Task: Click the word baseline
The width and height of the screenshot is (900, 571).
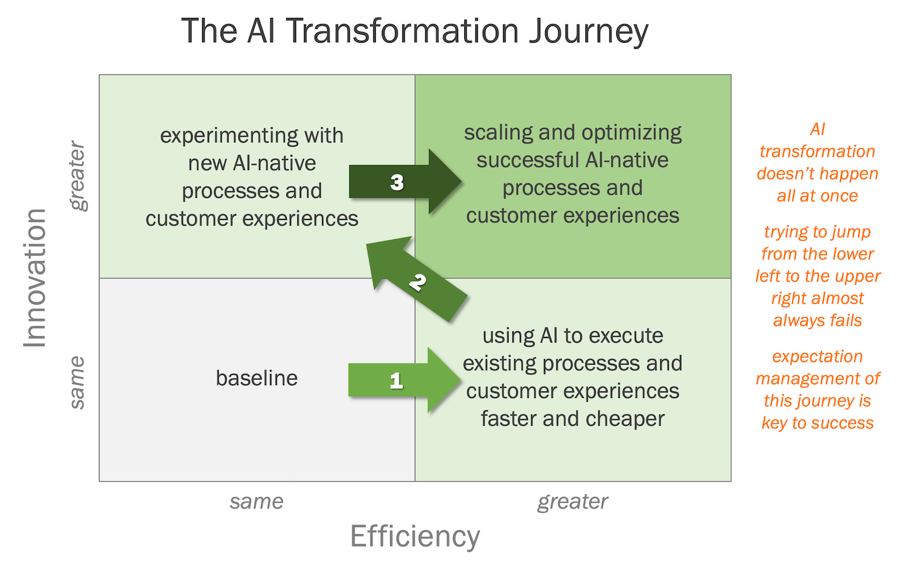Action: pos(257,378)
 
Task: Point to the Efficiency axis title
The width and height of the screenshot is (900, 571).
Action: pos(415,536)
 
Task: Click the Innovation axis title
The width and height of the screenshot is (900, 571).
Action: pos(35,277)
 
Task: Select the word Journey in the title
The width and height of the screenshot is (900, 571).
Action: pos(588,31)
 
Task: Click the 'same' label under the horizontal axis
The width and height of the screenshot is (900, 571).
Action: pos(257,501)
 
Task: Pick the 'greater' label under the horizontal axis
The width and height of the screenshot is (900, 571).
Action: pos(572,501)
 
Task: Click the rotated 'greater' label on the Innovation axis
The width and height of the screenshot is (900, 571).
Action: pos(77,176)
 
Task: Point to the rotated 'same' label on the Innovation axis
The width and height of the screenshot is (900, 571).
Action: pos(77,382)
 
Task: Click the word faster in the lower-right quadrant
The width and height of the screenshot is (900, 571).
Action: pos(509,419)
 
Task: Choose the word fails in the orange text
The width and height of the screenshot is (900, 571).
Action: pos(846,321)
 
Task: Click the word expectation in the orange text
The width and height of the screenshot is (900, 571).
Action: pos(817,357)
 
